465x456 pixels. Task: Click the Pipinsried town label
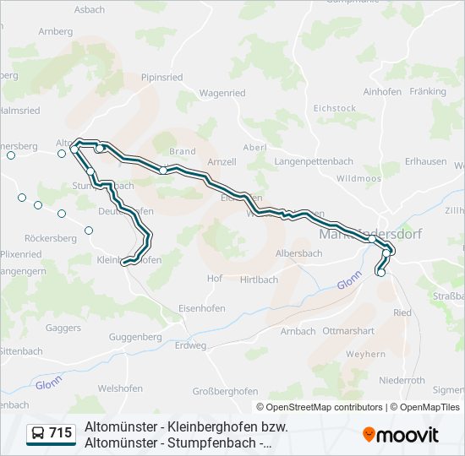(x=161, y=77)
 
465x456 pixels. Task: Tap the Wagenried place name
(x=222, y=93)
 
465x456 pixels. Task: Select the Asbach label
(x=90, y=9)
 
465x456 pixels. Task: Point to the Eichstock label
(x=335, y=108)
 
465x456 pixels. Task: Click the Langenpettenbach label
(x=314, y=160)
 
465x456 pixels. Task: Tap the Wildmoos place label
(x=358, y=178)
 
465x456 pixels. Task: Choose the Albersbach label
(x=299, y=253)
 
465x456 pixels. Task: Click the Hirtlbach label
(x=259, y=280)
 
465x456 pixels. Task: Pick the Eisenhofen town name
(x=202, y=309)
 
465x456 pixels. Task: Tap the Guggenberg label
(x=135, y=337)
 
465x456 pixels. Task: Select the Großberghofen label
(x=225, y=391)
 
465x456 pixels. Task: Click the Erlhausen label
(x=426, y=161)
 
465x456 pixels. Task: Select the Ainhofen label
(x=382, y=91)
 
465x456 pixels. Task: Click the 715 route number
(x=60, y=433)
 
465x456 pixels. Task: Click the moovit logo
(x=401, y=435)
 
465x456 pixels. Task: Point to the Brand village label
(x=182, y=152)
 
